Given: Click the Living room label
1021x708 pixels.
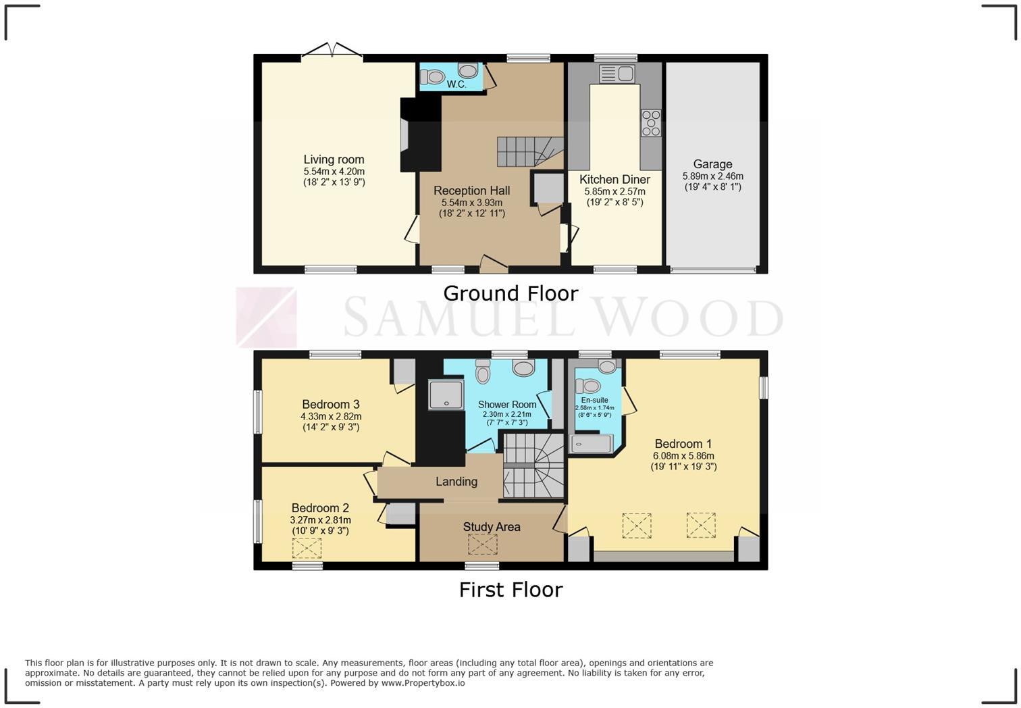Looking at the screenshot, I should click(x=334, y=159).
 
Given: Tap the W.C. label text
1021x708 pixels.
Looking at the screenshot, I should click(x=456, y=84).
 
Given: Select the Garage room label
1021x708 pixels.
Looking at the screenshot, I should click(x=712, y=164).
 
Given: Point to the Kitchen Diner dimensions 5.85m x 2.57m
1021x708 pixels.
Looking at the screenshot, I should click(x=614, y=192).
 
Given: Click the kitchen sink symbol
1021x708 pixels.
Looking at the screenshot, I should click(x=616, y=73).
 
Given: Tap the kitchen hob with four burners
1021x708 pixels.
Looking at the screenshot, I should click(x=651, y=124).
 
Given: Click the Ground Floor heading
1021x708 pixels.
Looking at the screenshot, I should click(x=510, y=293).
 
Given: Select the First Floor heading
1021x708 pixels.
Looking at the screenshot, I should click(x=510, y=590).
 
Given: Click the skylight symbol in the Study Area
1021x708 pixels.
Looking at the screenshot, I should click(x=483, y=545).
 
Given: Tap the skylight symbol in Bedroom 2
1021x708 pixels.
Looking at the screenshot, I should click(x=307, y=549).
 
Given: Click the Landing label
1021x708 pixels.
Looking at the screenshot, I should click(x=456, y=482).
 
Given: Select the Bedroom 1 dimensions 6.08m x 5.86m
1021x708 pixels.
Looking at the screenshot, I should click(x=683, y=456).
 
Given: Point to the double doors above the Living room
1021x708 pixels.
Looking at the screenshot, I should click(x=332, y=52).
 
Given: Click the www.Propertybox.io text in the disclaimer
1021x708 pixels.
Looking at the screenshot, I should click(x=423, y=683).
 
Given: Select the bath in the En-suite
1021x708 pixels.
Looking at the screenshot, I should click(x=592, y=444).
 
